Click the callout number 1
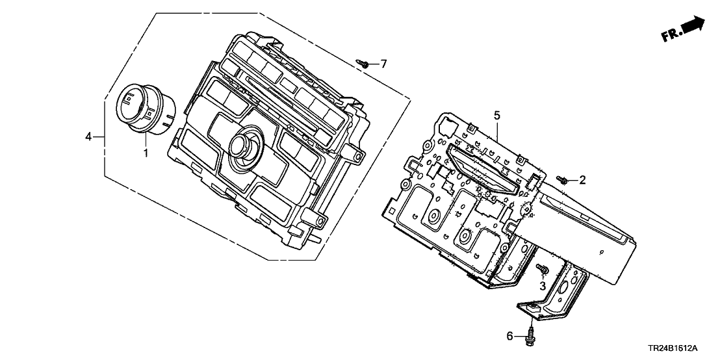click(x=146, y=153)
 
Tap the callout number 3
click(x=543, y=287)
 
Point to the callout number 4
click(x=88, y=136)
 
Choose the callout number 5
click(x=496, y=116)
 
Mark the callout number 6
click(x=509, y=335)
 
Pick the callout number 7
click(x=383, y=64)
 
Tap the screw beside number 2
click(x=563, y=179)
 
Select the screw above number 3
click(x=541, y=269)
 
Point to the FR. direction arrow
click(x=693, y=26)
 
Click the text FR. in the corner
click(x=671, y=36)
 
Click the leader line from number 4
click(x=99, y=136)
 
